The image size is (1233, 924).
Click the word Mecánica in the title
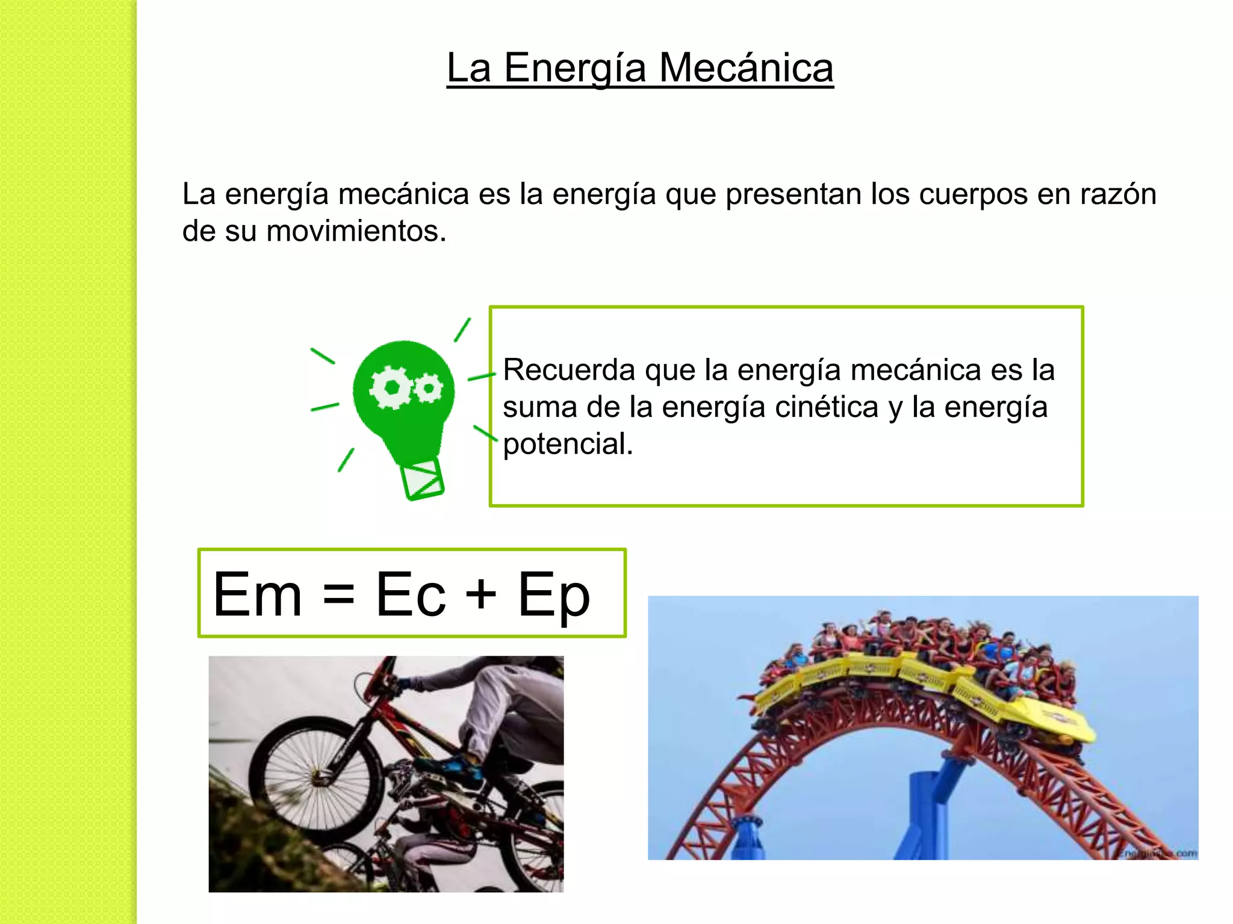point(746,67)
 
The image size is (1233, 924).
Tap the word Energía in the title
point(575,69)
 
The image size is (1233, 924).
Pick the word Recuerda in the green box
point(569,370)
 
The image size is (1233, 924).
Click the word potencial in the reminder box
point(567,445)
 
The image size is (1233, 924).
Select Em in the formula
point(257,595)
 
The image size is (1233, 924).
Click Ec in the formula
point(411,595)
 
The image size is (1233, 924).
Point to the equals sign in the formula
point(338,595)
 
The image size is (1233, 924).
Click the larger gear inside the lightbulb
point(391,387)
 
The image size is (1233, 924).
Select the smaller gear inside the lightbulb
point(429,388)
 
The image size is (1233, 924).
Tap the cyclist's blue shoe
point(461,767)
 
